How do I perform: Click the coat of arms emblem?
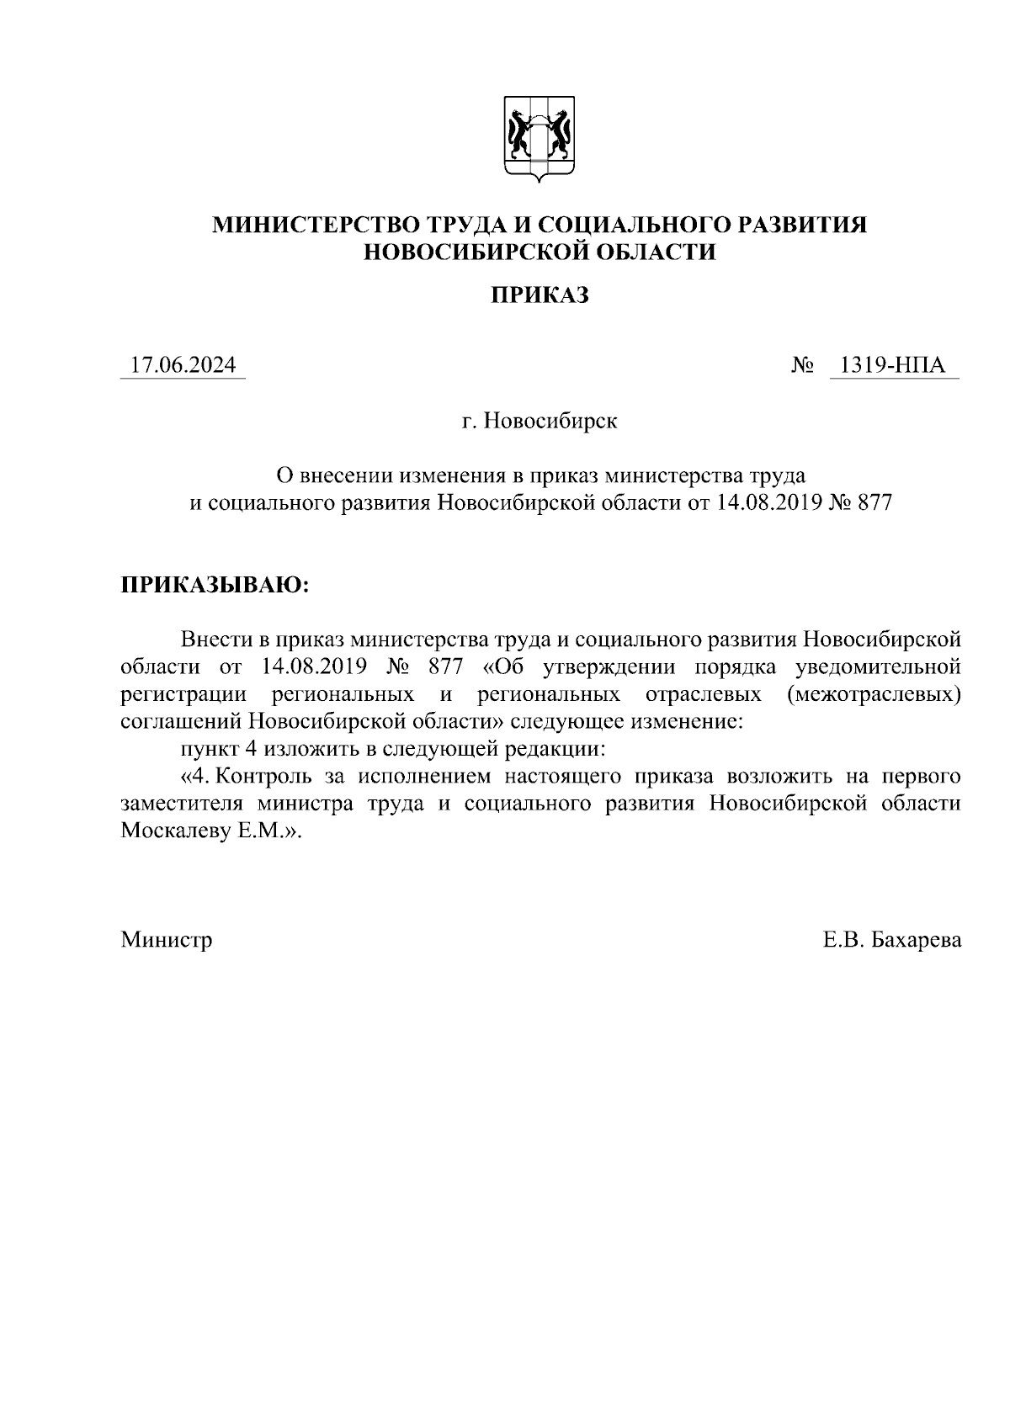(539, 138)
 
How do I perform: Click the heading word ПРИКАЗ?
(540, 295)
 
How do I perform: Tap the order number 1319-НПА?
(893, 366)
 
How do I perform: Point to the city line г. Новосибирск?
(540, 420)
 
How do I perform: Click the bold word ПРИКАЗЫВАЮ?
(215, 584)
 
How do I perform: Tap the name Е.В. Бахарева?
(892, 939)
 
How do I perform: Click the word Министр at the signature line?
(167, 939)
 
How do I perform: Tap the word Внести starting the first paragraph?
(218, 640)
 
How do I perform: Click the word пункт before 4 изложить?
(210, 748)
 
